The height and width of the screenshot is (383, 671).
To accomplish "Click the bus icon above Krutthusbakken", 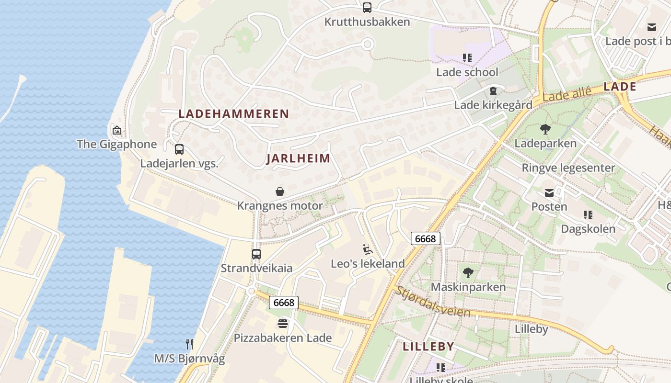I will [367, 8].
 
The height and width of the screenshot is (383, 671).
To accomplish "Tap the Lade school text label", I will [467, 72].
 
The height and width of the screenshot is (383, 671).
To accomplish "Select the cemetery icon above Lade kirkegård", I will [493, 91].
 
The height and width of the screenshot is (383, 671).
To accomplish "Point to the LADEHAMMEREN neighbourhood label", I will [234, 114].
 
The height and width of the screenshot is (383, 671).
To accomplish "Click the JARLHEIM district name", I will [298, 158].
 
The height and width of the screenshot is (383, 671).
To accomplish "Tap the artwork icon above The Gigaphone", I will [116, 130].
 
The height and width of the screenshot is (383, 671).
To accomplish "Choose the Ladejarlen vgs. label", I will [179, 164].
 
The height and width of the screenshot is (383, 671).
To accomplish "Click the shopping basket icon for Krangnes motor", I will [280, 192].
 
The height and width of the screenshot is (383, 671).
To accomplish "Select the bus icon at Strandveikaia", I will [256, 254].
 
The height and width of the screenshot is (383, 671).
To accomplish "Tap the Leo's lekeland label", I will [368, 264].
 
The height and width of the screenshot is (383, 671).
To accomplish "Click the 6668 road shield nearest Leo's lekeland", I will [425, 238].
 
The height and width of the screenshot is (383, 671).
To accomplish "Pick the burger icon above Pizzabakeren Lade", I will [283, 324].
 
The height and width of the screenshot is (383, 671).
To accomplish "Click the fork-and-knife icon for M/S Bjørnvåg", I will [189, 344].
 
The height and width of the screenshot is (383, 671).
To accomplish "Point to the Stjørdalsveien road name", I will [432, 302].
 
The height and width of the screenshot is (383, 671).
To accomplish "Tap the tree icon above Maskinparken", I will [468, 273].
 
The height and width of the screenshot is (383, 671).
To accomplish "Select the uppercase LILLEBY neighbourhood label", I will [428, 347].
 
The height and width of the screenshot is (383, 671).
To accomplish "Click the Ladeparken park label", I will [545, 144].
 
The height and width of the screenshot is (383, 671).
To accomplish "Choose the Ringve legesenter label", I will [568, 168].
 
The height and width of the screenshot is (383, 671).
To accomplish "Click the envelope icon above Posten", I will [549, 193].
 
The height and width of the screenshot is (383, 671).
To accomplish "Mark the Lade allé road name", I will [567, 96].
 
